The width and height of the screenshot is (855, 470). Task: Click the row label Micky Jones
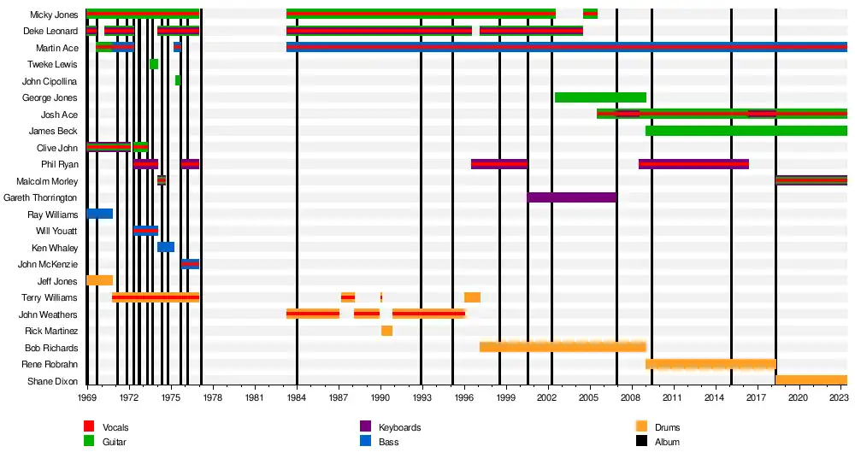click(54, 15)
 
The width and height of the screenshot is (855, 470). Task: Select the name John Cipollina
click(50, 81)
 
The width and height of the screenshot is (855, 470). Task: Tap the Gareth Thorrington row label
click(40, 197)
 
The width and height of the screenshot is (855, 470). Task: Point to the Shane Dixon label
click(52, 381)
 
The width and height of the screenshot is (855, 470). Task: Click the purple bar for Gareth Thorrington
click(571, 197)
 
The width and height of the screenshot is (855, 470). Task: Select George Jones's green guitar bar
click(600, 97)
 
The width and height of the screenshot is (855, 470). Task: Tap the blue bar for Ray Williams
click(100, 214)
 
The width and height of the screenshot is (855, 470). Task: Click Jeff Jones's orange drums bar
click(100, 280)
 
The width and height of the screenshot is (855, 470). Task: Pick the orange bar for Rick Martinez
click(386, 331)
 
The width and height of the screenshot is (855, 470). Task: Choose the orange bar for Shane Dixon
click(811, 380)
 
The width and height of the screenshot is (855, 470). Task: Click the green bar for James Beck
click(746, 131)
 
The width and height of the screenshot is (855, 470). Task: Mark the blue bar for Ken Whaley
click(166, 247)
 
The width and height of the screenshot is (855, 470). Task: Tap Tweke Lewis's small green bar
click(154, 64)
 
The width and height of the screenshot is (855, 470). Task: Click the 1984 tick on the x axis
click(297, 397)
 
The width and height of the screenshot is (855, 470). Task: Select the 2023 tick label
click(840, 397)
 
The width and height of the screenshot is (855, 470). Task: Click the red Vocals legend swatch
click(89, 426)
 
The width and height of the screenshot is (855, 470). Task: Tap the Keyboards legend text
click(399, 427)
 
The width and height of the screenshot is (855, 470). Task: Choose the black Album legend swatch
click(641, 442)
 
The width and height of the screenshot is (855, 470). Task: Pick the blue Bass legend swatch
click(365, 442)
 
